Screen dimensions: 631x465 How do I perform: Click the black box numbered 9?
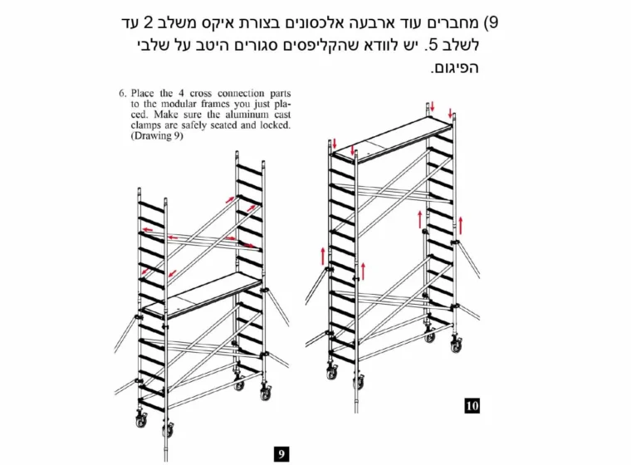pos(281,454)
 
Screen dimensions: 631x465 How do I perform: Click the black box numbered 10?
pos(472,405)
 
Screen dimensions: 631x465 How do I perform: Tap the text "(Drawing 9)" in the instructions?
pos(157,135)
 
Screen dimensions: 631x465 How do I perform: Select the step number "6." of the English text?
pos(123,93)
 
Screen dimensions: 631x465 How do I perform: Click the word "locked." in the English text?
pos(276,125)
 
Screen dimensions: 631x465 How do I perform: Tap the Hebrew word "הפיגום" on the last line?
pos(454,67)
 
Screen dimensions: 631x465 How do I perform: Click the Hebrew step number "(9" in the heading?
pos(490,22)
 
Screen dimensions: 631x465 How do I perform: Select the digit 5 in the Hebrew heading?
pos(433,45)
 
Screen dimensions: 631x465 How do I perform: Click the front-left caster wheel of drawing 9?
pos(168,430)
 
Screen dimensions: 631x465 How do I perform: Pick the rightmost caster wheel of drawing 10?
pos(457,345)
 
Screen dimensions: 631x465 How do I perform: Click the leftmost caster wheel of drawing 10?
pos(332,372)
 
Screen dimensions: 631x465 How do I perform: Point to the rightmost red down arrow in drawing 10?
pos(450,112)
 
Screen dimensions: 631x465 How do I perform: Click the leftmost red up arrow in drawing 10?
pos(323,257)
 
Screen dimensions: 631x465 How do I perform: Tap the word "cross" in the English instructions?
pos(200,93)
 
